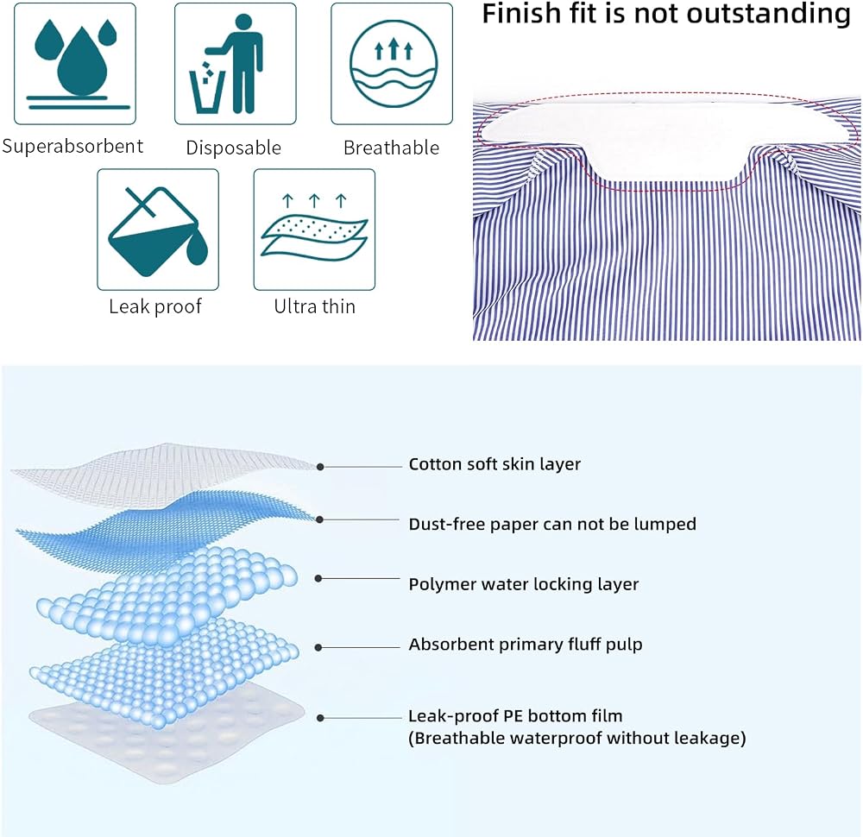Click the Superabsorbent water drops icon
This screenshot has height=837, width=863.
click(x=75, y=63)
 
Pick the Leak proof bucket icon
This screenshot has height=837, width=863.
click(x=158, y=230)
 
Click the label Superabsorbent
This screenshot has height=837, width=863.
click(x=72, y=147)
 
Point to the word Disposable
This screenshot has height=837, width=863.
click(x=233, y=148)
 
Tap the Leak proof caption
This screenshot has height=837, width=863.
click(x=155, y=306)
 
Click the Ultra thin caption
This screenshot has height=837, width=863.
click(x=314, y=306)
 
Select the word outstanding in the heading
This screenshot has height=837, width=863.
click(x=742, y=15)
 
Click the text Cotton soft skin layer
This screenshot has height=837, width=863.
click(x=494, y=464)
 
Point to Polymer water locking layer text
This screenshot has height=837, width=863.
click(x=524, y=584)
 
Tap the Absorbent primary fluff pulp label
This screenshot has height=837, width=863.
click(x=525, y=644)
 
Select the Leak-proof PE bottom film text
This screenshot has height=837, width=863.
click(x=515, y=715)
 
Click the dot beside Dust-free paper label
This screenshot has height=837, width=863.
click(x=320, y=519)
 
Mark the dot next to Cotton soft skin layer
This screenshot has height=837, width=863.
click(x=320, y=467)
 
